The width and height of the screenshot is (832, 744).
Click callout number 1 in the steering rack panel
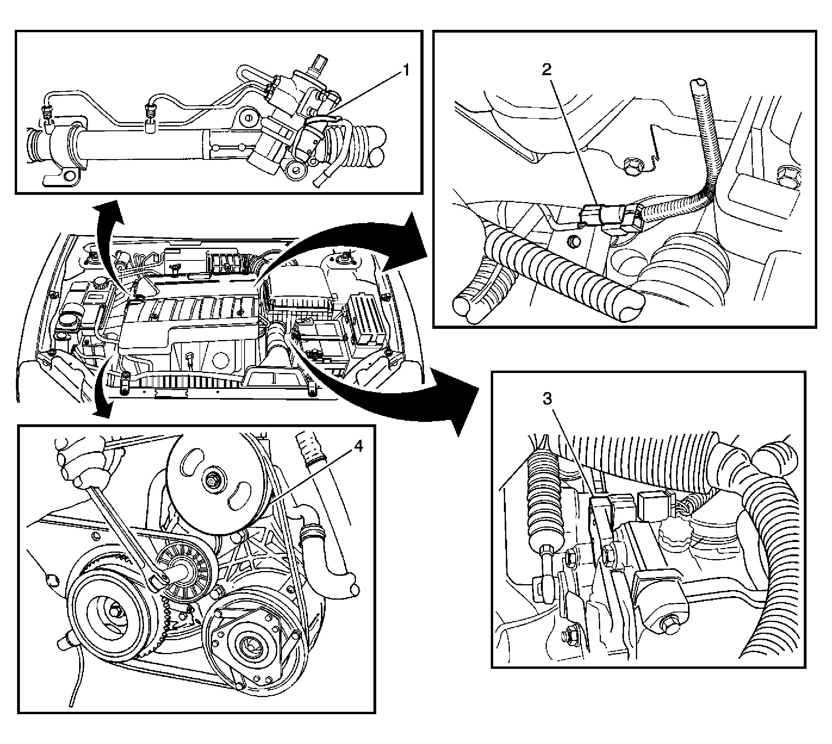point(405,71)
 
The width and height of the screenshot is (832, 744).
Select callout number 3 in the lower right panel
point(548,399)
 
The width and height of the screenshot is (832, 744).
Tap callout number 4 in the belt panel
point(358,447)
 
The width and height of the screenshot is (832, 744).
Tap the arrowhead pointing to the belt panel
point(102,410)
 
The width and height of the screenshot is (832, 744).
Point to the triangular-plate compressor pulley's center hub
point(248,644)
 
